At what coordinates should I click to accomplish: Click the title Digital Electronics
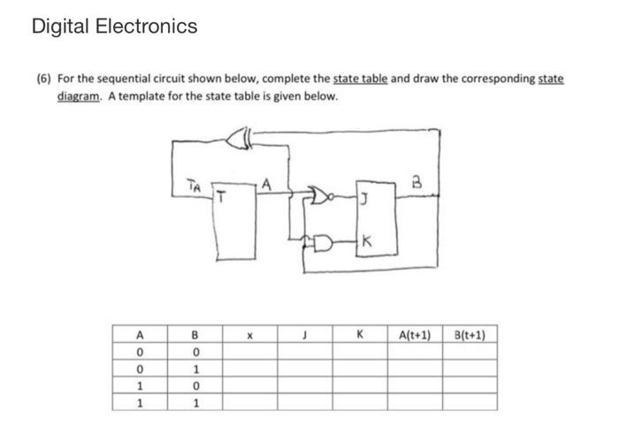(114, 27)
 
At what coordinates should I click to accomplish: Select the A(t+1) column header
(415, 336)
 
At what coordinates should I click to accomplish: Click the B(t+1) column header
(474, 336)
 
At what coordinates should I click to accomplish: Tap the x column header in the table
(249, 336)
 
